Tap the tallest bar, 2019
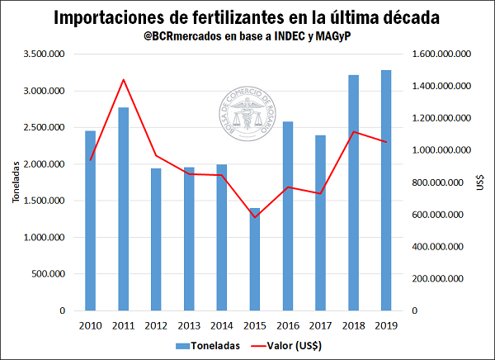[386, 190]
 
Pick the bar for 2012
[157, 239]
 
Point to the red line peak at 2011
[124, 79]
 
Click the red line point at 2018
[353, 132]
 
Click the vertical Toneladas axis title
[14, 182]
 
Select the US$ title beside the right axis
[481, 182]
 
